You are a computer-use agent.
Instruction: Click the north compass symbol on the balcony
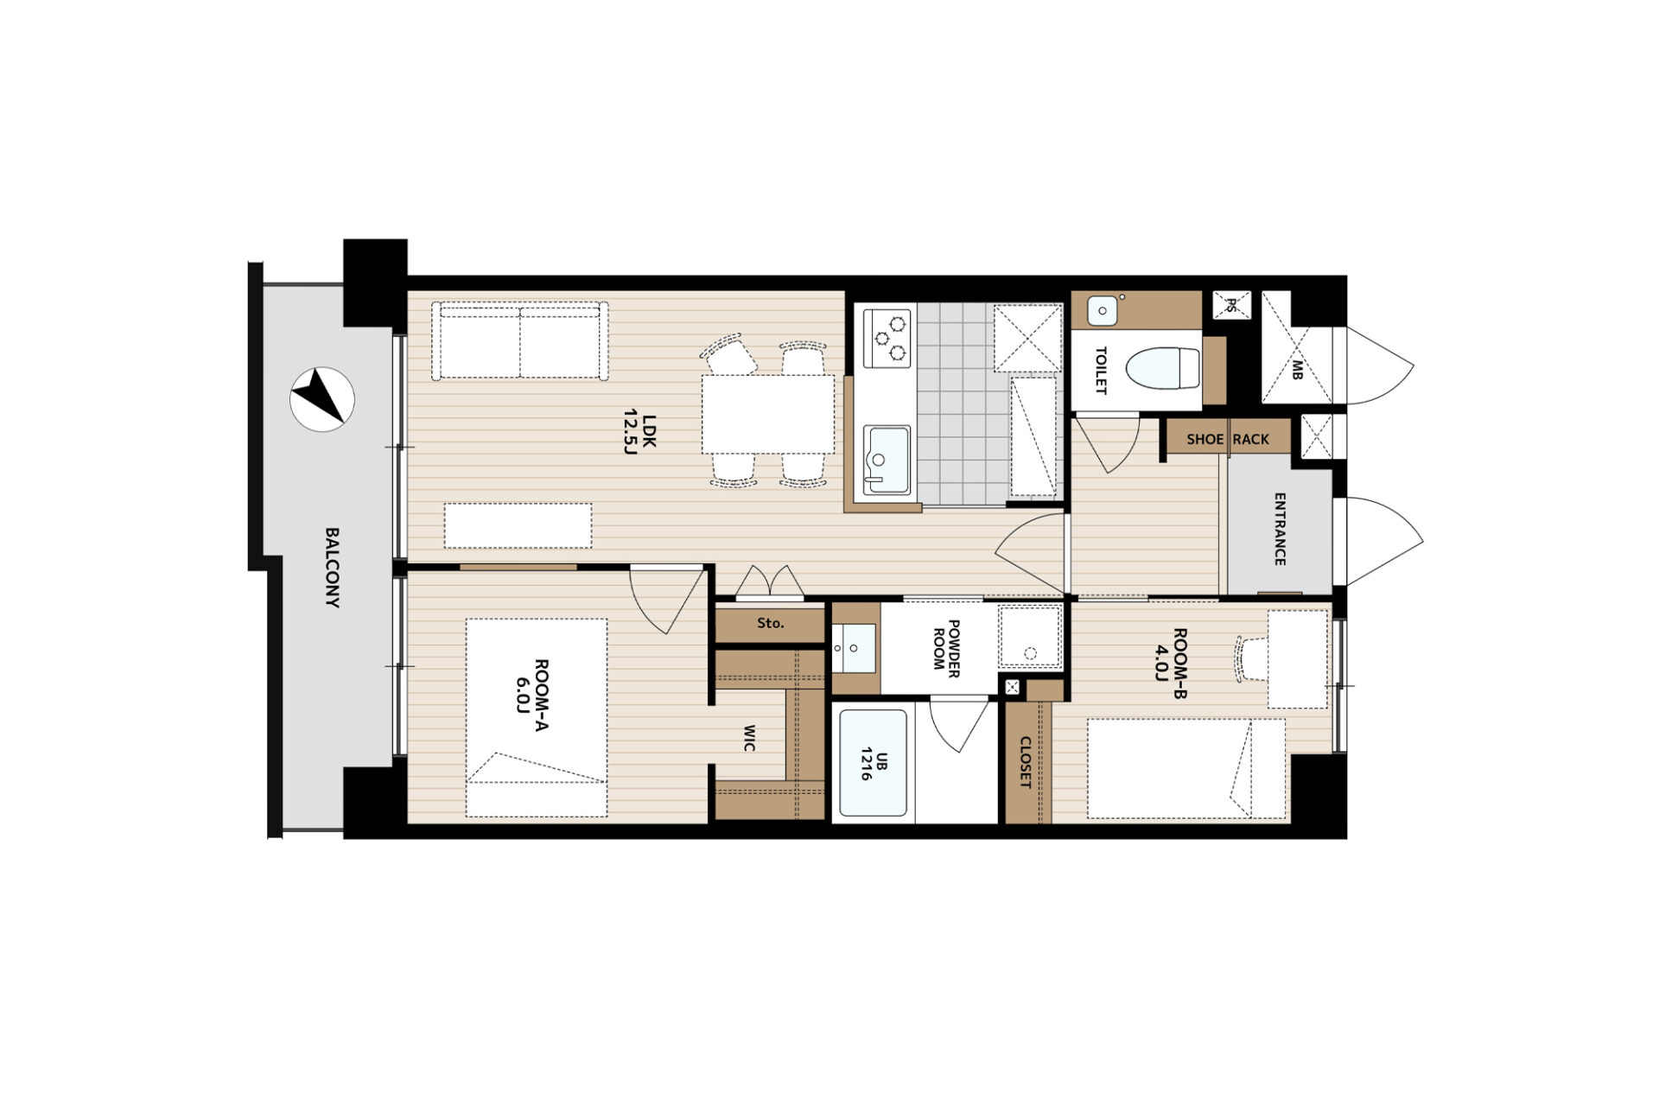click(321, 399)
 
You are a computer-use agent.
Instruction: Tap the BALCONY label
click(333, 568)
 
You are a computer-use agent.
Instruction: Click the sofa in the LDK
click(519, 340)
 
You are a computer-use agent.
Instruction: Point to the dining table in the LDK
click(768, 414)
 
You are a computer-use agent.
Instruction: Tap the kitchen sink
click(887, 461)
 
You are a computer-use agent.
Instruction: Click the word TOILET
click(1101, 371)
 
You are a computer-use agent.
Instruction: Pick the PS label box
click(1231, 305)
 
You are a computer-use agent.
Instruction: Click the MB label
click(1297, 369)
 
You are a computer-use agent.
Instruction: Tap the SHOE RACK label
click(1228, 439)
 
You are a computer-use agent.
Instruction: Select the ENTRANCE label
click(1280, 529)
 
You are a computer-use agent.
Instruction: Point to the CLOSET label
click(1025, 762)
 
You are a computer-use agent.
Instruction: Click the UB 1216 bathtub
click(873, 764)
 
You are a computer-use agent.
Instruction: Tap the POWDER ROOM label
click(946, 647)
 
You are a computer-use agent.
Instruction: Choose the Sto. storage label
click(770, 623)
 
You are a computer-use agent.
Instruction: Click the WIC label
click(749, 738)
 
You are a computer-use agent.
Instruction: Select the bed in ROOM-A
click(537, 717)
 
